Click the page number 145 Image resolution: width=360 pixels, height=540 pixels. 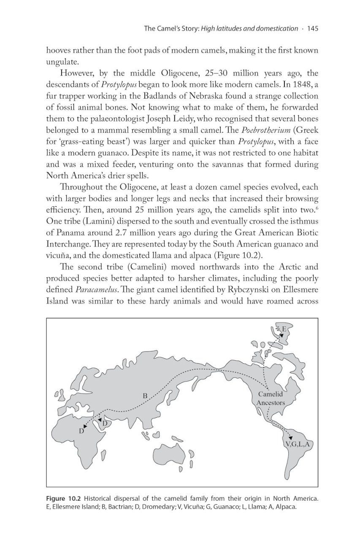pos(312,29)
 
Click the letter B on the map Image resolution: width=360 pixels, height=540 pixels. pos(144,396)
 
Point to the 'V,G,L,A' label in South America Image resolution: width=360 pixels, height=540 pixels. pos(297,445)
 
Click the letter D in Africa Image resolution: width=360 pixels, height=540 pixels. pos(82,431)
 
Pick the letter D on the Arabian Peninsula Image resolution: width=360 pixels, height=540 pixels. pos(104,423)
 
